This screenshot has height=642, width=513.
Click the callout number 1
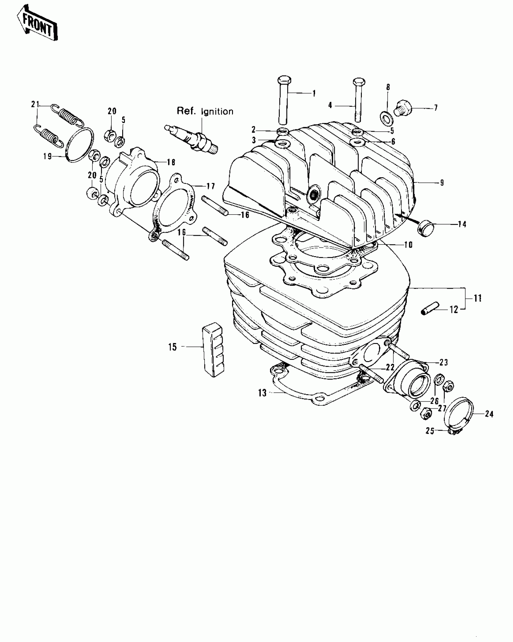pos(314,93)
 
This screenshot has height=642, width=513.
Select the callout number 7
pos(436,108)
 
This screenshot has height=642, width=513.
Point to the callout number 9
pos(442,182)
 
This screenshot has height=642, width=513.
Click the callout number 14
pos(462,224)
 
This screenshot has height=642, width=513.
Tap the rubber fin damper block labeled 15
pos(213,350)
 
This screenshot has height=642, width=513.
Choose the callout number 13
pos(262,393)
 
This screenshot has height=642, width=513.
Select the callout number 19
pos(48,156)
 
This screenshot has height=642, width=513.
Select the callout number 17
pos(211,186)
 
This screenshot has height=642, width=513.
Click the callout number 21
pos(35,104)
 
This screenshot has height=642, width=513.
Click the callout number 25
pos(430,431)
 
